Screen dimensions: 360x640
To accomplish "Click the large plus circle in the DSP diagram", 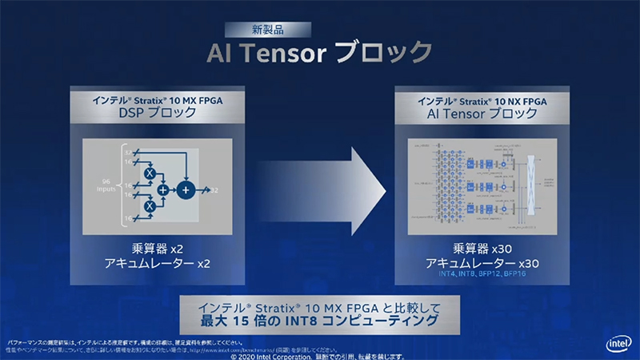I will coord(186,190).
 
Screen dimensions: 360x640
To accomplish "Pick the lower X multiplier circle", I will coord(147,206).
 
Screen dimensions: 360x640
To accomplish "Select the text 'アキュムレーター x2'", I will coord(157,263).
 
